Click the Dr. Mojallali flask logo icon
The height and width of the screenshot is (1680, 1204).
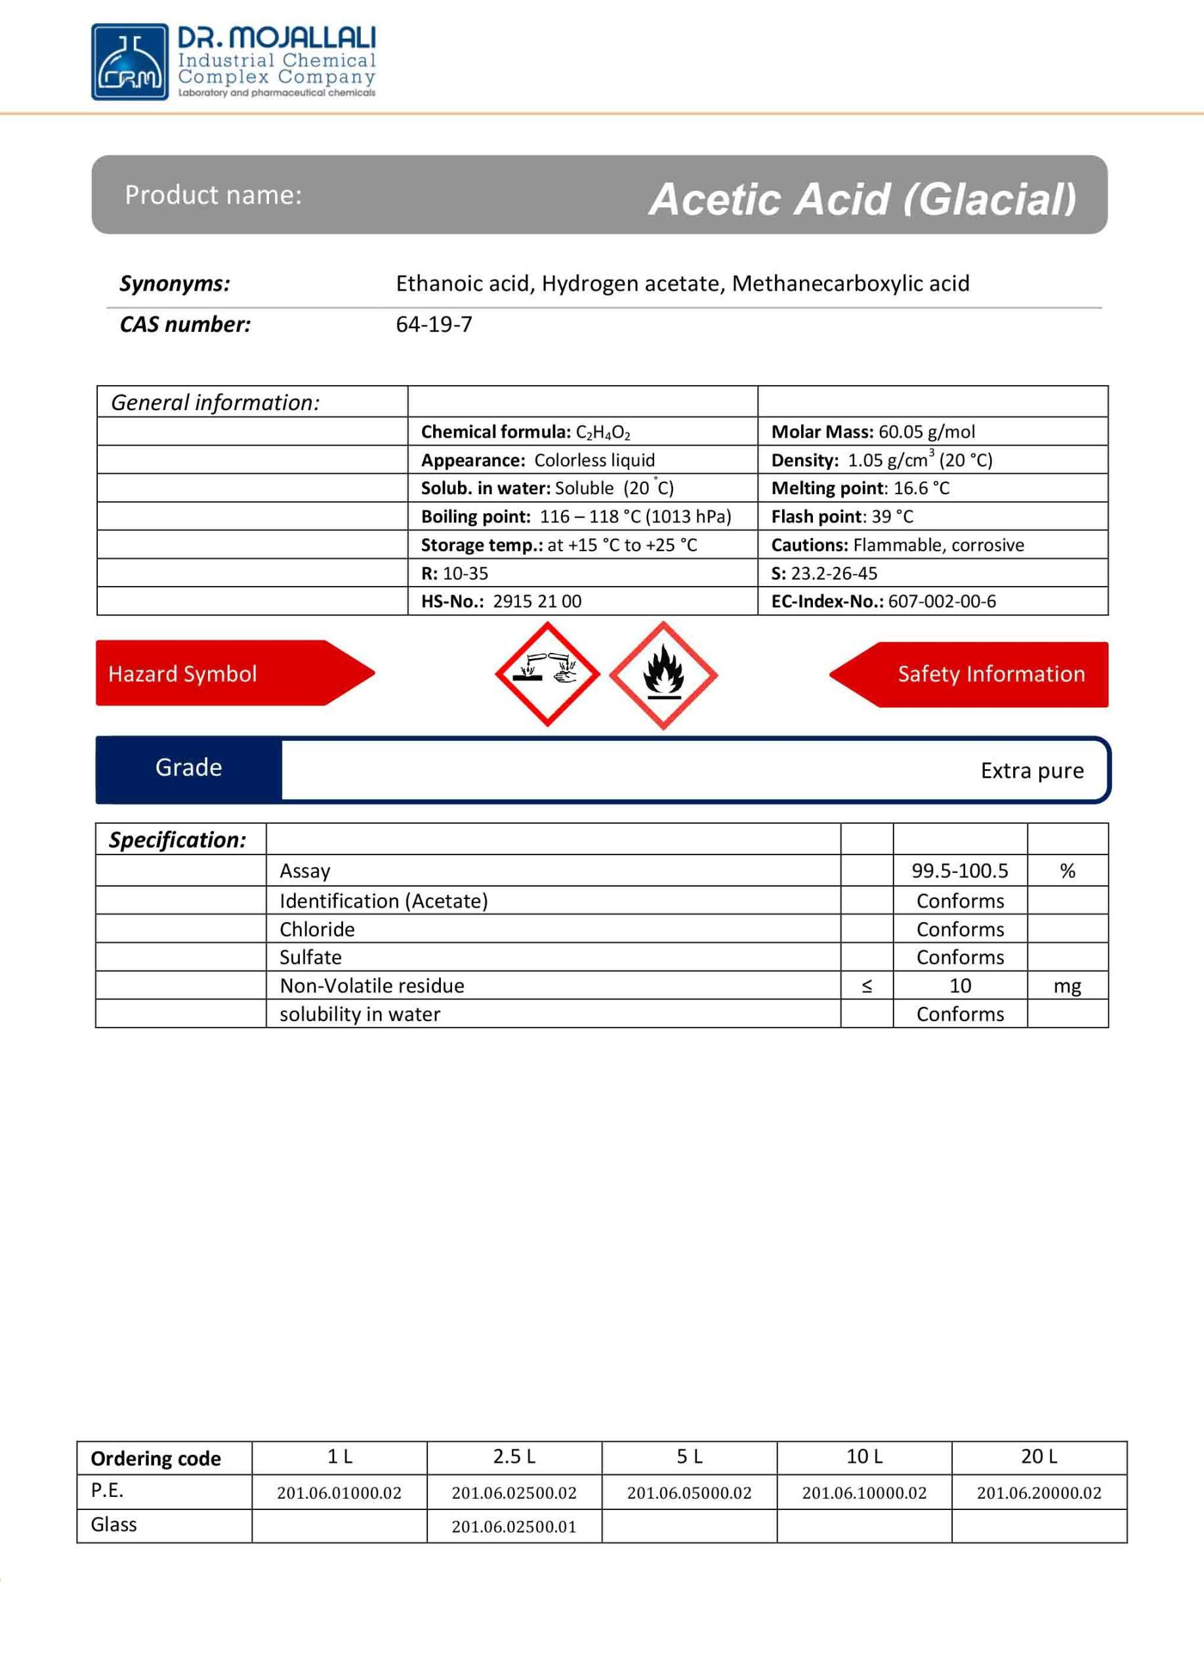coord(129,62)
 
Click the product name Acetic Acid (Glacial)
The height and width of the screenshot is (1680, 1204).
coord(862,199)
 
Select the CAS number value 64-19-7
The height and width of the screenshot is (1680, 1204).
coord(434,324)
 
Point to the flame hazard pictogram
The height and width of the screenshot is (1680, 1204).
coord(663,675)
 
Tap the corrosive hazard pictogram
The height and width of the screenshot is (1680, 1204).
coord(547,673)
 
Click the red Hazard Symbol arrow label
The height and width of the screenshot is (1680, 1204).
coord(222,673)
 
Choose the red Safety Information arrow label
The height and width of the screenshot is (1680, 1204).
coord(978,674)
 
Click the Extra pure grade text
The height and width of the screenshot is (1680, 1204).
coord(1031,770)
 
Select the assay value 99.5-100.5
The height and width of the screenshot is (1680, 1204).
coord(960,870)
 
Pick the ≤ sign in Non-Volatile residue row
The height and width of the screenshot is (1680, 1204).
coord(866,986)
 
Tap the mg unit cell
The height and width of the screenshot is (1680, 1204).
coord(1067,986)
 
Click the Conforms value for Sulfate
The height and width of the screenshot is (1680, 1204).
coord(960,957)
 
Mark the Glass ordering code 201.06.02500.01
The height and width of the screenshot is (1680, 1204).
coord(514,1526)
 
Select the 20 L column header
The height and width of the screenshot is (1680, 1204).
coord(1039,1456)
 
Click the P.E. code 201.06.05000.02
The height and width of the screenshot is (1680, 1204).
coord(689,1492)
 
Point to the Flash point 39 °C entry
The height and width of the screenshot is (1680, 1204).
coord(842,516)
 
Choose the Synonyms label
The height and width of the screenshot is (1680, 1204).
coord(175,283)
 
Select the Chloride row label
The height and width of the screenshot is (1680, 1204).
coord(317,929)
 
